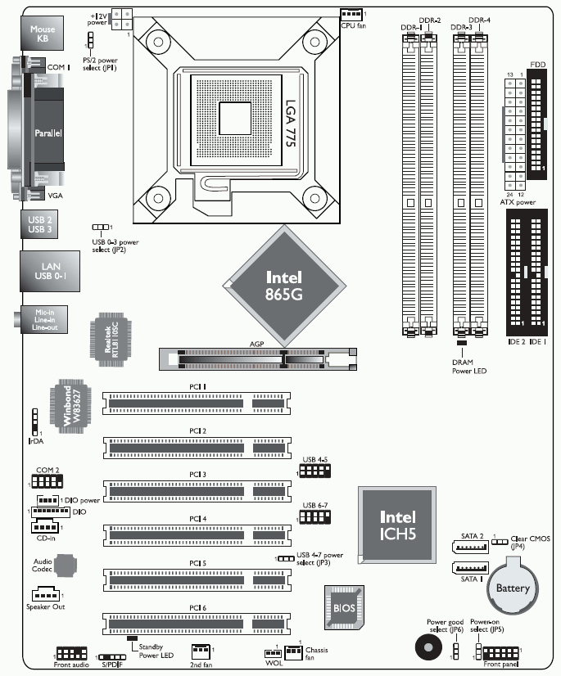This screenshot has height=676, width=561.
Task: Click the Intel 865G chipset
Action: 284,286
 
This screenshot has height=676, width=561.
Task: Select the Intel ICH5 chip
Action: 397,525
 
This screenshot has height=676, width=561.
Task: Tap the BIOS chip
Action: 344,607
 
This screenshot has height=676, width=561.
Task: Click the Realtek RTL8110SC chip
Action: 111,336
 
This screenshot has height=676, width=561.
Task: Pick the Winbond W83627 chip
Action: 70,407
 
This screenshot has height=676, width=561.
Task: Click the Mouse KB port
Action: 43,34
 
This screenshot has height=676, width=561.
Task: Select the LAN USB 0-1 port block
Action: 50,271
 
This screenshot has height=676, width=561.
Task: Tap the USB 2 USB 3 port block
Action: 39,224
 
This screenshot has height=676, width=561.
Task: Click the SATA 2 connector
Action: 470,547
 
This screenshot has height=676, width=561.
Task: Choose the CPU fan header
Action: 351,15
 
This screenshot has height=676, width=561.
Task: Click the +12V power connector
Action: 121,20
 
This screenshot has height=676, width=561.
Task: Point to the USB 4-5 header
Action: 315,471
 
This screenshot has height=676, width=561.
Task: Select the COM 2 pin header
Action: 47,481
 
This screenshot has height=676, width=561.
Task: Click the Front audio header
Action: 71,653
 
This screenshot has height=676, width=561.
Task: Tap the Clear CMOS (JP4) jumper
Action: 500,541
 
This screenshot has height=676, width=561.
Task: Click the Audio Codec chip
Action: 66,566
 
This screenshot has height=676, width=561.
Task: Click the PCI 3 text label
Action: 197,474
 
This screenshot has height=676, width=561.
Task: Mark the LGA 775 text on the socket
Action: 291,124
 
